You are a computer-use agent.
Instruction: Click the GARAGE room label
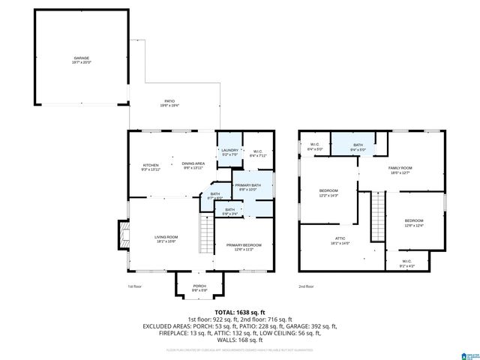(x=80, y=59)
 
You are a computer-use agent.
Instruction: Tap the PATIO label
(x=170, y=103)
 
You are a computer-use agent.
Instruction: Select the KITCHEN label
(x=150, y=166)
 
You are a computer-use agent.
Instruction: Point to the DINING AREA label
(x=194, y=165)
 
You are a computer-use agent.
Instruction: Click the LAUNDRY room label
(x=229, y=151)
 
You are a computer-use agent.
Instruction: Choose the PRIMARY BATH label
(x=247, y=187)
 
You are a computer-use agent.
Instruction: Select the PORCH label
(x=199, y=287)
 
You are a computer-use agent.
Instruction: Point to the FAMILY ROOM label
(x=400, y=170)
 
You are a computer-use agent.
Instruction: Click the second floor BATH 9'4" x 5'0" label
(x=358, y=147)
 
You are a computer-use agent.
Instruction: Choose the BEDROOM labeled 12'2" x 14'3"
(x=328, y=192)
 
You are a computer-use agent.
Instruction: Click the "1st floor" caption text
(x=134, y=286)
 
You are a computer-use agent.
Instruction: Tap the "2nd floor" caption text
(x=305, y=286)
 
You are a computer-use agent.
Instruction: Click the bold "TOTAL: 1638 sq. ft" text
(x=240, y=311)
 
